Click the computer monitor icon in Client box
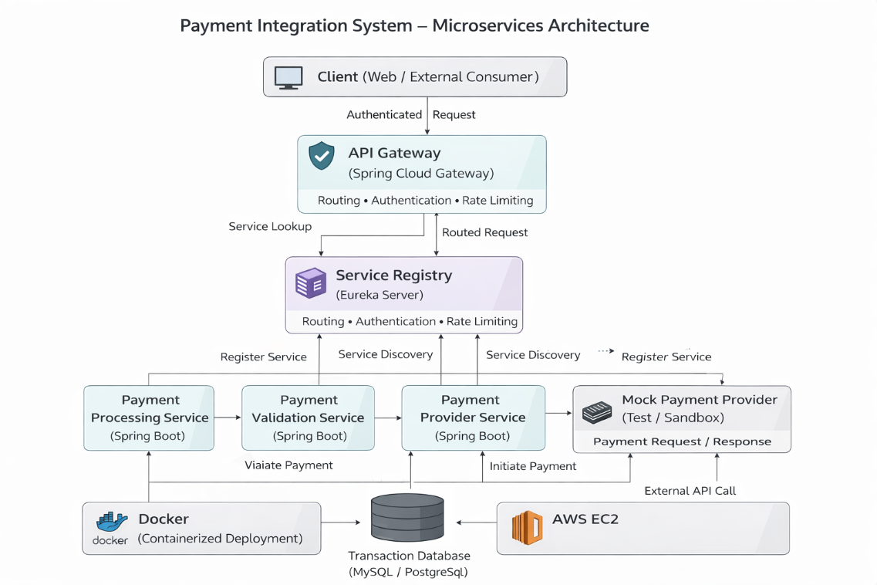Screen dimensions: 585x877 click(288, 77)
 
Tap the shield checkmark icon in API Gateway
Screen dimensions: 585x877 click(322, 156)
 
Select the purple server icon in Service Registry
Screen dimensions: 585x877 click(311, 283)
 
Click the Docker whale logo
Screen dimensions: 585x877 click(111, 522)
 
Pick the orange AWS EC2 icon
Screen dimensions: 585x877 click(528, 528)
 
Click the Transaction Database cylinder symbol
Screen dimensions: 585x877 click(407, 518)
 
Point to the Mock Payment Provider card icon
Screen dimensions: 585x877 click(597, 412)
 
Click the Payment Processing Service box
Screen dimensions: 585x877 click(149, 418)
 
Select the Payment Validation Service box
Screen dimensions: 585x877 click(308, 418)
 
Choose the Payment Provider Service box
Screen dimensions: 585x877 click(473, 418)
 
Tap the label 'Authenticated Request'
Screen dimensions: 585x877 click(410, 115)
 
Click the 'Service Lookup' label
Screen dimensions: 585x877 click(270, 227)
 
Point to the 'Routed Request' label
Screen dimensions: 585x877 click(484, 232)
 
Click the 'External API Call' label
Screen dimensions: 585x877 click(690, 491)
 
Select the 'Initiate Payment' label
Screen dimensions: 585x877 click(533, 466)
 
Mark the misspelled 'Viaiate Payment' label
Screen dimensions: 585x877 click(288, 465)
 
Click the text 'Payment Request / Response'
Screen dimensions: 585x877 click(682, 442)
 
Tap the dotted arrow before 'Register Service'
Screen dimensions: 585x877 click(606, 351)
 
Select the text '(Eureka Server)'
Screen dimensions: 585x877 click(379, 296)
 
